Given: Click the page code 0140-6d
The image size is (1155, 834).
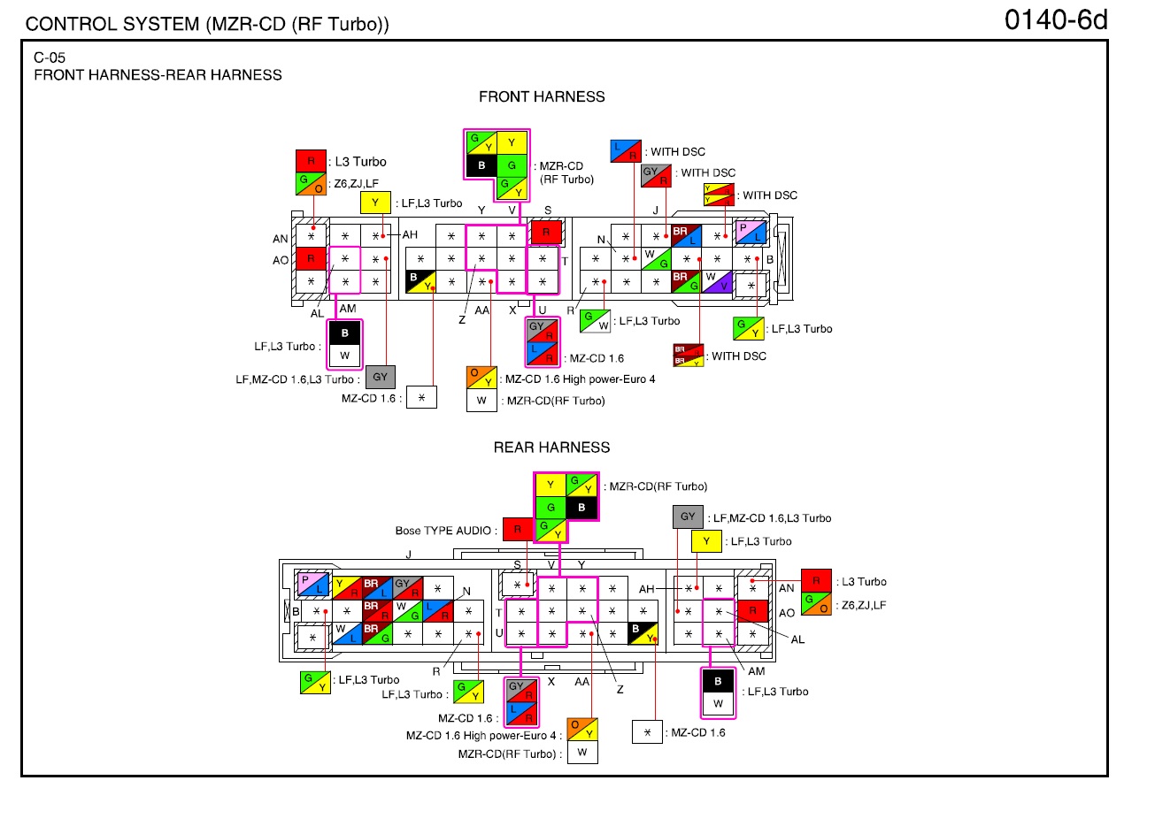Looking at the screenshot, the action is coord(1056,20).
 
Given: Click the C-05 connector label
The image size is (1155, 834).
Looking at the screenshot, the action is coord(50,57).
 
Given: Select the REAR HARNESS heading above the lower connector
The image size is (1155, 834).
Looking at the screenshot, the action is coord(551,448).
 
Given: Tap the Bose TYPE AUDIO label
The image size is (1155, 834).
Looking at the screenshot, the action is coord(443,531).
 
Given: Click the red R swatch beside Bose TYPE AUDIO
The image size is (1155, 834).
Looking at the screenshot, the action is coord(518,530).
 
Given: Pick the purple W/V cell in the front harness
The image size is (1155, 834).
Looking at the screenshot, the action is coord(717,282).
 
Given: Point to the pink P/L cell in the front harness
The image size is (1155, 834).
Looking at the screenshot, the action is coord(751,233).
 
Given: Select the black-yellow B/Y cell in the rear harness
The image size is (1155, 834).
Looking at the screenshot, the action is coord(643,633).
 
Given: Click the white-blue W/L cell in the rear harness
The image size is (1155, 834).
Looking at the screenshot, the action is coord(347,633).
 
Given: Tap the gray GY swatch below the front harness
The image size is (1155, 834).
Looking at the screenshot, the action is coord(381,377).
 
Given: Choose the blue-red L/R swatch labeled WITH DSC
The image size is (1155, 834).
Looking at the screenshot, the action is coord(626,151).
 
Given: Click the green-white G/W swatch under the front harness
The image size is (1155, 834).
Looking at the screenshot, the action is coord(595,321).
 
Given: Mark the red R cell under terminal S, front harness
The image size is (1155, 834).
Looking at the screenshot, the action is coord(546,232).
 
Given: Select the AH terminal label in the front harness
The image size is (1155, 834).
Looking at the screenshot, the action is coord(410,235).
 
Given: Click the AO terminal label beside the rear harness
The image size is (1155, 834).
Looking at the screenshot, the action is coord(786,613).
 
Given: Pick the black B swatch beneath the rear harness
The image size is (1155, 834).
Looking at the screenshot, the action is coord(718,681).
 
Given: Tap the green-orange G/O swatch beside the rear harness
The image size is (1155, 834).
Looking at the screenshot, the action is coord(816,604).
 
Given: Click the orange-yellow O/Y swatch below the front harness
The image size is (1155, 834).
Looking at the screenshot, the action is coord(481,378).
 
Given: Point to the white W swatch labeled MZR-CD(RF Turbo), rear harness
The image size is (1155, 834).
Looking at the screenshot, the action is coord(582,752).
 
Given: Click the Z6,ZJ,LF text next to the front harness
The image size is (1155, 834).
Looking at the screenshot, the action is coord(357,184).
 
